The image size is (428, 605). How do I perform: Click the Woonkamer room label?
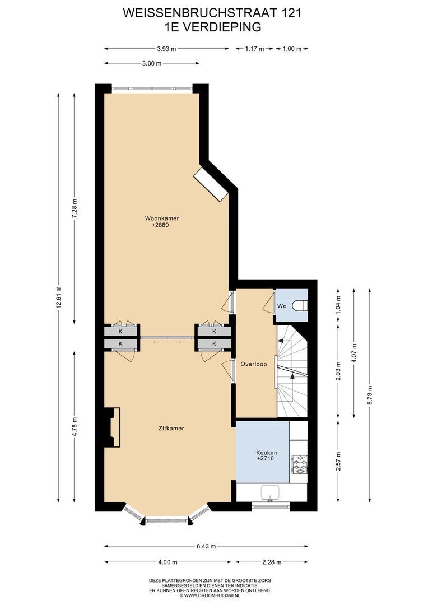[x=162, y=218]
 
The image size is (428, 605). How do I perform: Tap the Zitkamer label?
[x=171, y=428]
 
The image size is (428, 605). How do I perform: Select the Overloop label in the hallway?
[x=254, y=364]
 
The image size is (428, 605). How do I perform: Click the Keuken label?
[x=267, y=453]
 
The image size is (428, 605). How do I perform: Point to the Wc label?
[x=282, y=306]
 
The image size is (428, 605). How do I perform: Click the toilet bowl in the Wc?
[x=300, y=306]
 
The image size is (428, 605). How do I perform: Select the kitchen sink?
[x=271, y=493]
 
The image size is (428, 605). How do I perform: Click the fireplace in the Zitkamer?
[x=112, y=427]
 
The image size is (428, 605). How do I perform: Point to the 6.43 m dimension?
[x=206, y=546]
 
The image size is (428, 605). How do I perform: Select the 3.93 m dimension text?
[x=167, y=49]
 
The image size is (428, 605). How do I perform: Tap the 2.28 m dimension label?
[x=272, y=562]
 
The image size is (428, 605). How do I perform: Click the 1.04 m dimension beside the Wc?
[x=338, y=304]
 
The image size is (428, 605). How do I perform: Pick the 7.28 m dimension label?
[x=75, y=209]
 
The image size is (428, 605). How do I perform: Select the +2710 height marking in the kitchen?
[x=266, y=459]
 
